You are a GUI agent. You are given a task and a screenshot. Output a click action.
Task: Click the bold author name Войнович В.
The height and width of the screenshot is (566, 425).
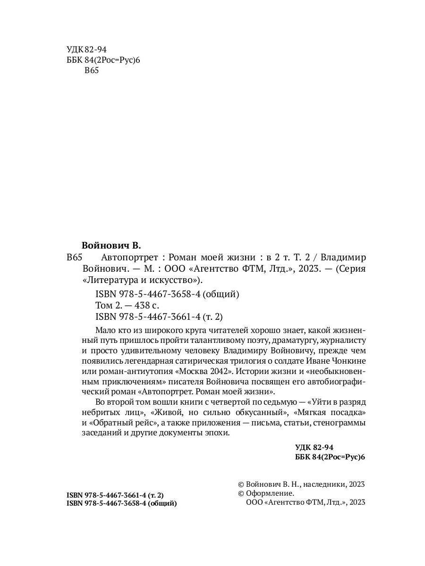click(x=111, y=245)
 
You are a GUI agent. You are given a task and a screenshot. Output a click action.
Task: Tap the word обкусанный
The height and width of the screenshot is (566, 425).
click(x=239, y=412)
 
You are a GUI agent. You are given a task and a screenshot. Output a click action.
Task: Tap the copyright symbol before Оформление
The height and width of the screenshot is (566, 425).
click(x=241, y=493)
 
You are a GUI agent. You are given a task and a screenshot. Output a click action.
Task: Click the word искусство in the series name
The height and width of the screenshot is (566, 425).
click(x=173, y=280)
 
